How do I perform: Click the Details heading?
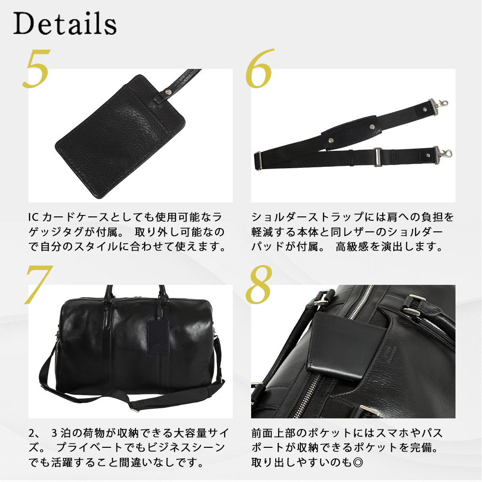click(x=65, y=23)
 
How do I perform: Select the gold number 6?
click(x=259, y=68)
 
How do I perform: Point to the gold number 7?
click(x=39, y=284)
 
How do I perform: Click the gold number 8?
click(x=259, y=284)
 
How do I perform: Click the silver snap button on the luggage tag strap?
click(x=168, y=91)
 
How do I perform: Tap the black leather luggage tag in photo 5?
click(x=120, y=136)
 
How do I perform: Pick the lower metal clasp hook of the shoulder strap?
click(x=442, y=155)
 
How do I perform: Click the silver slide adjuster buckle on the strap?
click(x=378, y=157)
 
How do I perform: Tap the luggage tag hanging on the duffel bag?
click(x=158, y=336)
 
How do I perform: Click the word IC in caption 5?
click(x=33, y=217)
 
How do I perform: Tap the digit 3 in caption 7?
click(x=54, y=433)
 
